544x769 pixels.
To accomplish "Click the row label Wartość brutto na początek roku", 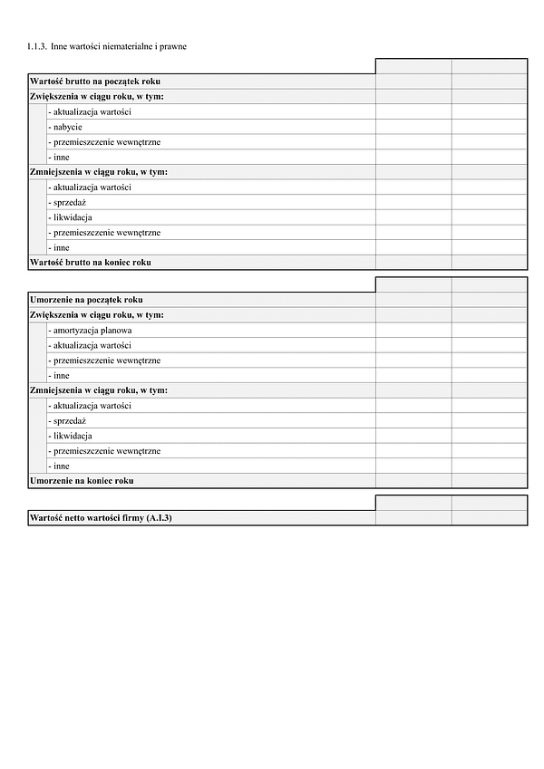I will coord(95,82).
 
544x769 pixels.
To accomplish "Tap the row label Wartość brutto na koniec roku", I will coord(91,262).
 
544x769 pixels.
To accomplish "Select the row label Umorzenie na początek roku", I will coord(86,300).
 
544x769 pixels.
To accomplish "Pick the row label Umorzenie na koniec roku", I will coord(82,480).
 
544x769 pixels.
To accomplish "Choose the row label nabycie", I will coord(66,127).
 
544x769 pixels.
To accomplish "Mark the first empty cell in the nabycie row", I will coord(413,127).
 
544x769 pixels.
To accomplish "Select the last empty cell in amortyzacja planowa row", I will coord(490,331).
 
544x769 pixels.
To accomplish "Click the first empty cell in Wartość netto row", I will coord(413,517).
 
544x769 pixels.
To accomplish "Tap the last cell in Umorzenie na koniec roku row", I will coord(490,480).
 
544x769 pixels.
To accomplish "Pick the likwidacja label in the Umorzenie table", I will coord(71,436).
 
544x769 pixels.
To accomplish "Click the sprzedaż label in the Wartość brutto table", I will coord(69,202).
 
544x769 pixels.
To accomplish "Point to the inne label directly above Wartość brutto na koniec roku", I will coord(60,247).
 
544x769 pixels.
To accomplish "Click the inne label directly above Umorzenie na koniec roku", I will coord(60,466).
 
